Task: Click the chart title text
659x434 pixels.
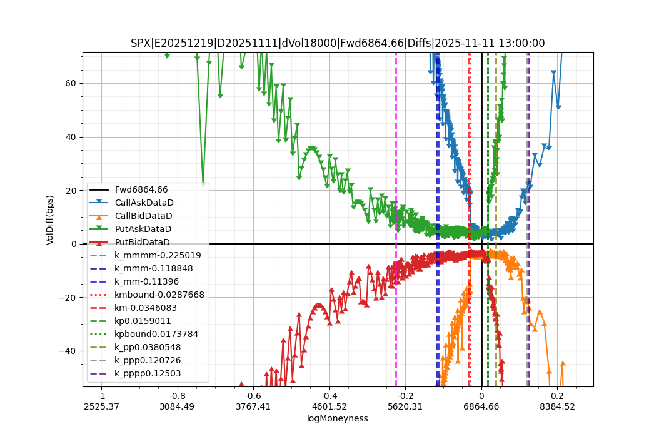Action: tap(338, 43)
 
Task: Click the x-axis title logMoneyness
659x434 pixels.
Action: tap(337, 418)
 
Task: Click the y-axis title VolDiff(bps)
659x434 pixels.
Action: tap(50, 220)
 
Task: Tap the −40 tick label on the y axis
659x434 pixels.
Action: tap(68, 351)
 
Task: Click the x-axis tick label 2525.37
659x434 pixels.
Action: tap(101, 406)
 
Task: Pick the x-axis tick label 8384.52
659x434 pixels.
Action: tap(557, 406)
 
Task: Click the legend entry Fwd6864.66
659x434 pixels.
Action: tap(141, 189)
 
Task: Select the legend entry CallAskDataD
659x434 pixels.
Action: tap(144, 203)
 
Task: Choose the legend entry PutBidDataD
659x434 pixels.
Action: tap(142, 242)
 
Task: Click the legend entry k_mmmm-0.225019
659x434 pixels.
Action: tap(158, 255)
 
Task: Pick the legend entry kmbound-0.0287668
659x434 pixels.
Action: tap(159, 295)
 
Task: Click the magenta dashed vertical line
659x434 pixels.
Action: tap(396, 156)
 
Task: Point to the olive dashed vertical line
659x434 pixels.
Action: tap(496, 156)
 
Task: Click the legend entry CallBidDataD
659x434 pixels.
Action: tap(143, 216)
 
